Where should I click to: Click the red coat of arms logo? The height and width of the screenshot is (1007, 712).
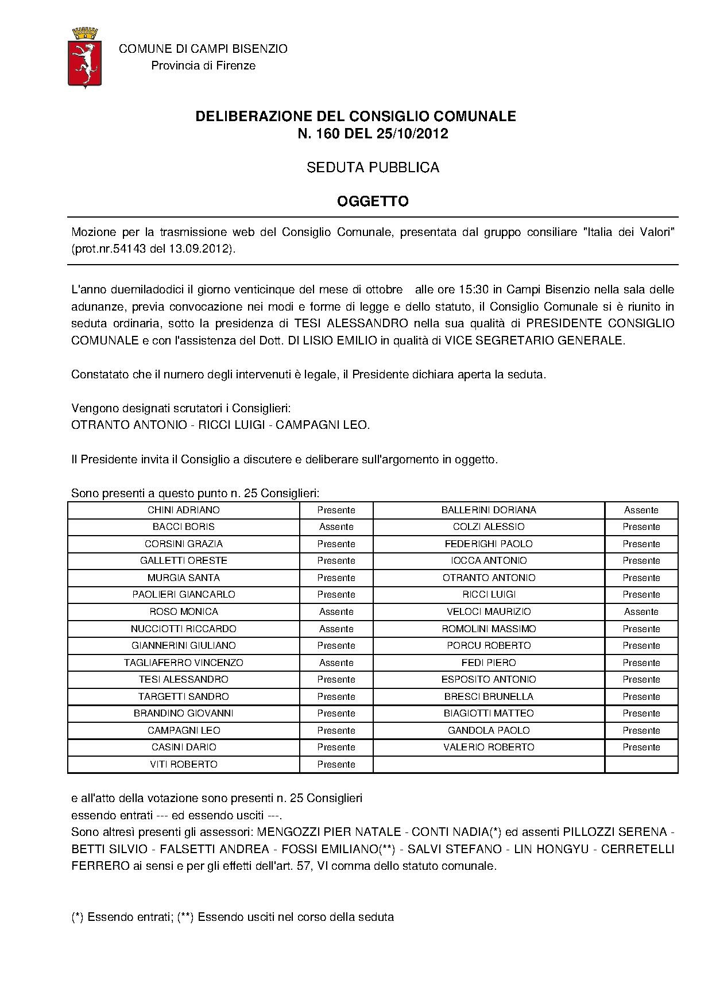[84, 57]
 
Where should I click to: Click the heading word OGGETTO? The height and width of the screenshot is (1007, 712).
[373, 202]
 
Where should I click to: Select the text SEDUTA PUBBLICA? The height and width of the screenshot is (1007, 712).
[373, 168]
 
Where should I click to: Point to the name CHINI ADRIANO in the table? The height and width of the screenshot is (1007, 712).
[183, 510]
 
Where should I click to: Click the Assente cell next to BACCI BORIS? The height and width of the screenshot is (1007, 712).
[336, 526]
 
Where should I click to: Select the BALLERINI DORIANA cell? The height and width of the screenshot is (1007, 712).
[489, 510]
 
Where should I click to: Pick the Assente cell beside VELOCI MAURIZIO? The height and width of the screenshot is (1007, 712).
[641, 611]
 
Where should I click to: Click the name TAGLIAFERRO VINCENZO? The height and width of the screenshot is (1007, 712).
[183, 663]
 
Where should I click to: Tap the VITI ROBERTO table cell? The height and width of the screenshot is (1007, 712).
[183, 764]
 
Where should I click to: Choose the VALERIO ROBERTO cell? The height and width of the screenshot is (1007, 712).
[489, 747]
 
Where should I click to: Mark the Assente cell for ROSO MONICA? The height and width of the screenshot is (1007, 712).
[336, 611]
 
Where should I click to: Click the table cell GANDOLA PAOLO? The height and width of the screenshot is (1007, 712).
[489, 730]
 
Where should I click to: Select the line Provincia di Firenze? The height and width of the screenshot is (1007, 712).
[203, 65]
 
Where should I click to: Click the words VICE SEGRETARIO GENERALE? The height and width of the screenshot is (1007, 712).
[534, 340]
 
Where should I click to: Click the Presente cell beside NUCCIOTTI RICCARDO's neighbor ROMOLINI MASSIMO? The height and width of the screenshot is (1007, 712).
[641, 629]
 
